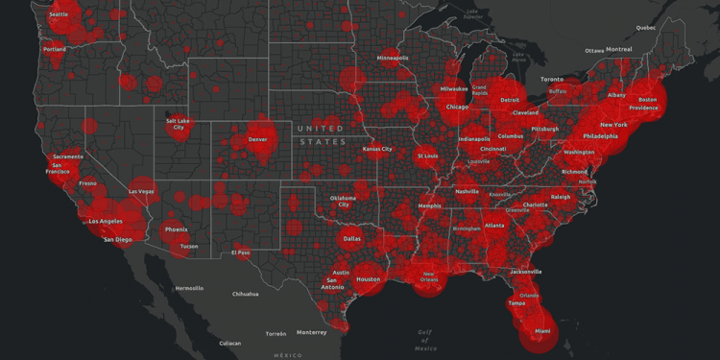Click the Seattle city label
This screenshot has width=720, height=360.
coord(59,15)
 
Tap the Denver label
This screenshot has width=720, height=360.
coord(257,139)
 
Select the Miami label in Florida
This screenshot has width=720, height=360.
coord(543,331)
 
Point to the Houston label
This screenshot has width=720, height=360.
coord(369,279)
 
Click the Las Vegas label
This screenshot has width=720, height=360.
coord(141,191)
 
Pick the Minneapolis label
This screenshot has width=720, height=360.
coord(393,58)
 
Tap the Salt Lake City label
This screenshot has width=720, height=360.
coord(179,124)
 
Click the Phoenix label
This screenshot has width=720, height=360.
coord(176,229)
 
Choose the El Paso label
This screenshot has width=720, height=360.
coord(240,252)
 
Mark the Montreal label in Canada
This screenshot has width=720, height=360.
coord(619,49)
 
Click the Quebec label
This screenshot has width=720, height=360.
coord(645,28)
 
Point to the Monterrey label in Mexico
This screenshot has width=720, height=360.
coord(311,332)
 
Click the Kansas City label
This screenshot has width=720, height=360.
coord(377,149)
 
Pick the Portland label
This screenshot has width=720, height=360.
coord(55,49)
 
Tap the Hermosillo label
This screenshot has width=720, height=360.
coord(188,288)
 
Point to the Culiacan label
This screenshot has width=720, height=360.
coord(229,343)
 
